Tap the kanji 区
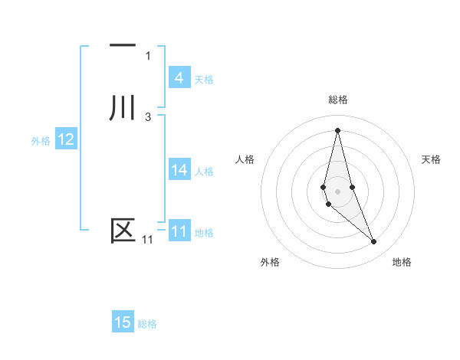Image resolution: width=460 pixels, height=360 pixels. click(123, 230)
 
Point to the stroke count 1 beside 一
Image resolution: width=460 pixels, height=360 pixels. click(148, 55)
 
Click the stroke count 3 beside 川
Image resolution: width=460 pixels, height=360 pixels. click(148, 116)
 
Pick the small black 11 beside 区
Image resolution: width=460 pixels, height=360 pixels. click(147, 240)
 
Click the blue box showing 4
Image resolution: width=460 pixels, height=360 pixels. click(179, 77)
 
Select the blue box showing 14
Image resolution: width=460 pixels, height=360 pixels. click(179, 170)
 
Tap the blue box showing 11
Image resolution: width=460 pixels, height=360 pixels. click(179, 231)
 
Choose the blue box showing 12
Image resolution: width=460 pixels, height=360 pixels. click(66, 139)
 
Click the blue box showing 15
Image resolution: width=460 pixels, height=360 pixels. click(123, 322)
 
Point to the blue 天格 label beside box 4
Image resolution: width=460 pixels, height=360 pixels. click(204, 79)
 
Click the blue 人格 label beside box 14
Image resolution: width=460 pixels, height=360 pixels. click(205, 172)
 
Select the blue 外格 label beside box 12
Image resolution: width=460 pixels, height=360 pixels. click(41, 141)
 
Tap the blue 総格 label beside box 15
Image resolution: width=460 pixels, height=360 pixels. click(147, 324)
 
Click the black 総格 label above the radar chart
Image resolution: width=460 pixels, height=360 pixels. click(338, 100)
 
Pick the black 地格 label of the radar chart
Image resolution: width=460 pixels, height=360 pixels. click(402, 262)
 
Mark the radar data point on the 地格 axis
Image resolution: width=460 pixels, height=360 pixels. click(374, 242)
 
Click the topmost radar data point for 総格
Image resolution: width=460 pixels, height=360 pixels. click(338, 130)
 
